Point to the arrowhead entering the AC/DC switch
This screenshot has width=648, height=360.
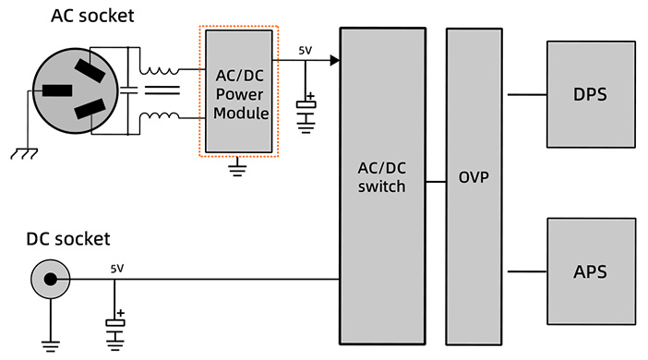[x=334, y=61]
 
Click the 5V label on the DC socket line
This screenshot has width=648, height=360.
[x=116, y=269]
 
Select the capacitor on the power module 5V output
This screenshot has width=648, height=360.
[x=306, y=106]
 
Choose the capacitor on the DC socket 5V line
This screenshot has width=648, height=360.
[x=115, y=323]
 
